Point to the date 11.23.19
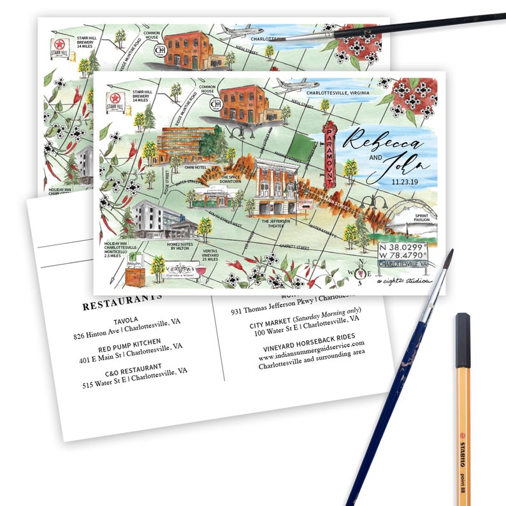point(390,180)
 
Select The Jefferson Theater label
point(276,224)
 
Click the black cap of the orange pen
point(463,331)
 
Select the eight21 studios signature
point(403,280)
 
